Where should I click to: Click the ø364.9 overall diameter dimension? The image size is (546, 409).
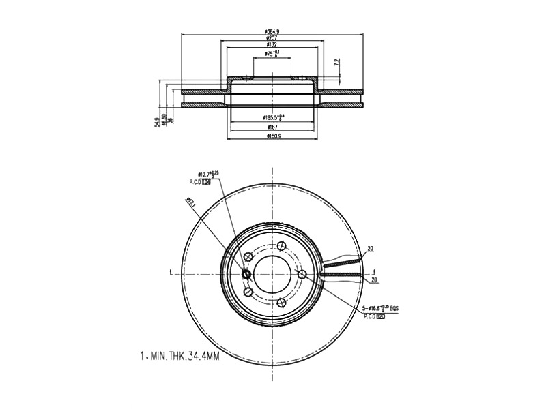coord(273,31)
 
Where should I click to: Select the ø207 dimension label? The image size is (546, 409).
coord(273,39)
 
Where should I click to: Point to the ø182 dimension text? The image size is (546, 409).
coord(273,46)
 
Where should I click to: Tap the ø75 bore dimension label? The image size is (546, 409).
coord(273,54)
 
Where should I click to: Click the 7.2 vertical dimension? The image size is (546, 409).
coord(335,63)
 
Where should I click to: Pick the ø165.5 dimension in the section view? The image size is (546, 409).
coord(273,118)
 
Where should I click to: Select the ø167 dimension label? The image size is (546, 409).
coord(273,127)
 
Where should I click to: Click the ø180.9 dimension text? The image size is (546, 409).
coord(273,136)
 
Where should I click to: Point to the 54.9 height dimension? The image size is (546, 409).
coord(157,121)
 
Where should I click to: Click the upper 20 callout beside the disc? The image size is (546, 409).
coord(370,249)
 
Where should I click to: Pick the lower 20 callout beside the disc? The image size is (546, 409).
coord(375,279)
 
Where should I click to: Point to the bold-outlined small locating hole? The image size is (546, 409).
coord(247,274)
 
